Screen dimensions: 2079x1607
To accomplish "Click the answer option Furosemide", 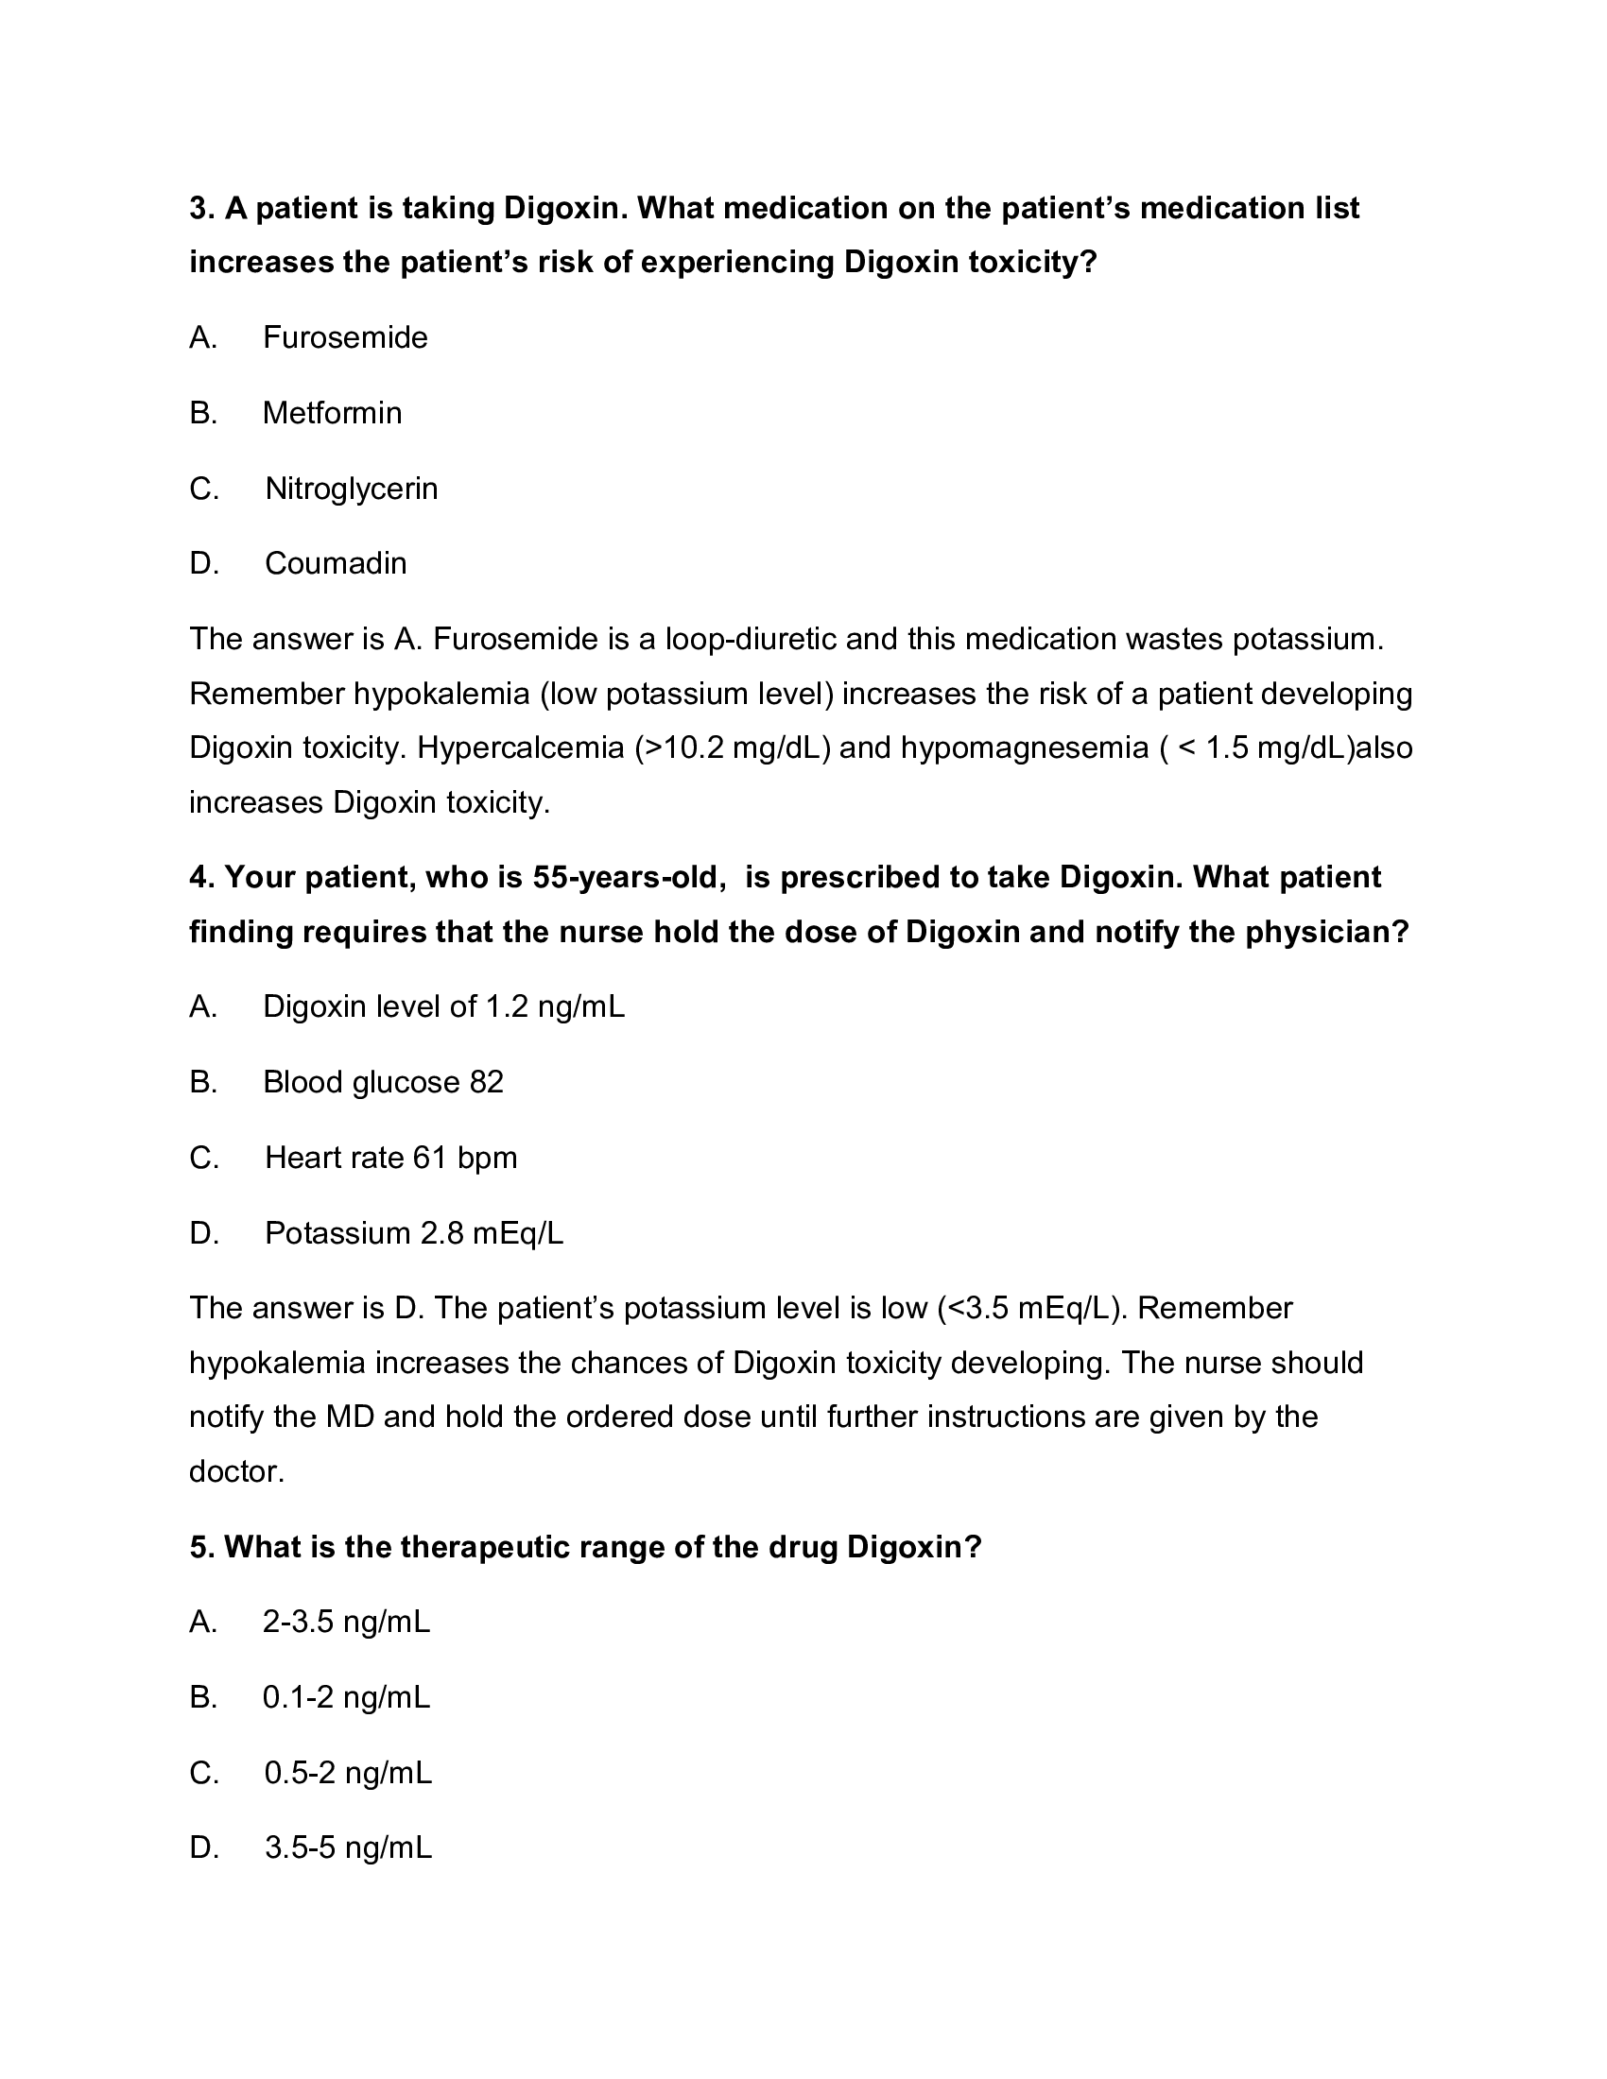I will click(345, 338).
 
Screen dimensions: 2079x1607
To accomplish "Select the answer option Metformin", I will click(332, 413).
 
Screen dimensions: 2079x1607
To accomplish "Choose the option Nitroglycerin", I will click(352, 490).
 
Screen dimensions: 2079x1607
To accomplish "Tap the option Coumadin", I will click(336, 563).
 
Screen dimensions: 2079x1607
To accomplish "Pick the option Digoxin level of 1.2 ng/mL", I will click(443, 1007).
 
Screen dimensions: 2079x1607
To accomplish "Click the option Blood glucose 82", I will click(383, 1082).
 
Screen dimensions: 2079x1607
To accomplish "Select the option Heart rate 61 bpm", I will click(390, 1159).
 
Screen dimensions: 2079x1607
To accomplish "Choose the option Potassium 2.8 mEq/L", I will click(414, 1233).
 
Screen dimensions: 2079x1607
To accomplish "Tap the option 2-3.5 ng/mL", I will click(347, 1622).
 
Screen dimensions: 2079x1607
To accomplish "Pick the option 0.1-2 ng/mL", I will click(347, 1697).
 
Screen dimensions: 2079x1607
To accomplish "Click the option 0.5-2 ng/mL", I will click(349, 1774).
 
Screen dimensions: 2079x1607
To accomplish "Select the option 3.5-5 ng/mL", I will click(349, 1848).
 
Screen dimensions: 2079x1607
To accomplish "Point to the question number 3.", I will click(199, 209).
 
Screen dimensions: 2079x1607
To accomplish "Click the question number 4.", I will click(199, 877).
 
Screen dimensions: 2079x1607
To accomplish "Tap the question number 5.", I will click(199, 1547).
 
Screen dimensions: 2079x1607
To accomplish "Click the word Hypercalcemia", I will click(520, 749).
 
